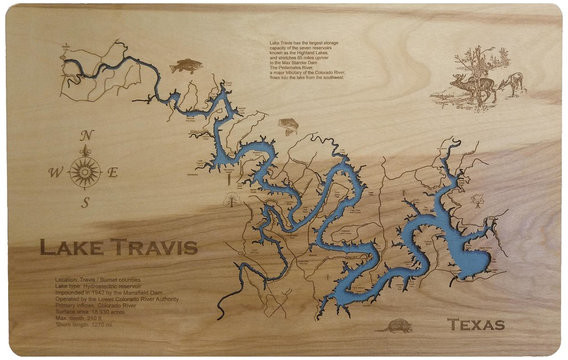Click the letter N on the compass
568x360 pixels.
point(87,137)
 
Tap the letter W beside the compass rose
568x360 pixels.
point(56,171)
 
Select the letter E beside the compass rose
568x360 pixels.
point(113,171)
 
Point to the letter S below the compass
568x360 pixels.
point(86,203)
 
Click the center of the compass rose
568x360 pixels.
point(86,171)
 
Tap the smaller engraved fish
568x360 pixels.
point(289,125)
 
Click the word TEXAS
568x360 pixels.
point(476,324)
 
